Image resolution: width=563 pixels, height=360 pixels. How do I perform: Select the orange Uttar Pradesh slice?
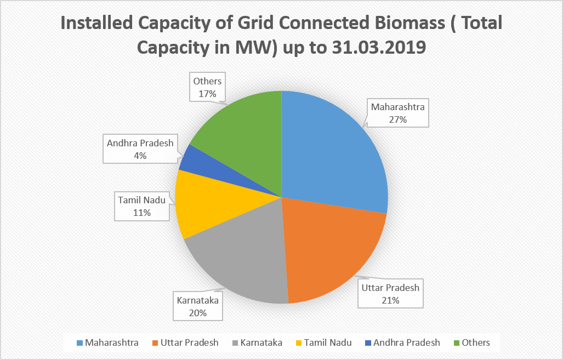[x=329, y=247]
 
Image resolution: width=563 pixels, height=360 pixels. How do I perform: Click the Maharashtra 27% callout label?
[x=397, y=113]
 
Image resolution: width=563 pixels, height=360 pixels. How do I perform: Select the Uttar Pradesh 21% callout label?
[x=390, y=293]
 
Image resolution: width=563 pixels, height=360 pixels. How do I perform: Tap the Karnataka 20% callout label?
[x=198, y=306]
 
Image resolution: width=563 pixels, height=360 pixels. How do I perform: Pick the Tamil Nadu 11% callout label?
[x=141, y=206]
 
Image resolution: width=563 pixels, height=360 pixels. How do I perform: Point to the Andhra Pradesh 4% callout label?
[x=140, y=149]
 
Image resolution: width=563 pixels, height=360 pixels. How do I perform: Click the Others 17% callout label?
[x=207, y=87]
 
